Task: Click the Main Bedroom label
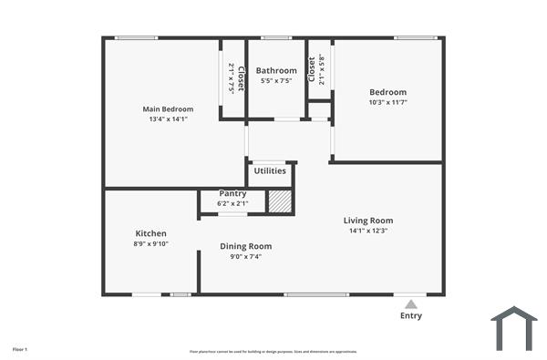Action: tap(168, 109)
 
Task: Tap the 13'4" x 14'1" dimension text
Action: tap(168, 119)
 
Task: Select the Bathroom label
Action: tap(276, 70)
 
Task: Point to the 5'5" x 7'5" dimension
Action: tap(276, 80)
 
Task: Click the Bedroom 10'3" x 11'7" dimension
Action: tap(387, 102)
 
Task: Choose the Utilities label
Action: tap(270, 170)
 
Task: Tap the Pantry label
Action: tap(233, 193)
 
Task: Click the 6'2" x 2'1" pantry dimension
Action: tap(233, 203)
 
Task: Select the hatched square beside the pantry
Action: tap(280, 201)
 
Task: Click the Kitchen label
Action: tap(150, 233)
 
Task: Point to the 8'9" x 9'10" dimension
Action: tap(150, 243)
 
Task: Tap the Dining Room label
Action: tap(245, 246)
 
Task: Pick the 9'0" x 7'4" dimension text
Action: tap(245, 256)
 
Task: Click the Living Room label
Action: tap(368, 220)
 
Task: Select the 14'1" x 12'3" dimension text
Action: tap(368, 230)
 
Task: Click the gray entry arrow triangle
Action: tap(411, 303)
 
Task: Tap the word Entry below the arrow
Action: tap(411, 315)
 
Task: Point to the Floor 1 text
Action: tap(20, 349)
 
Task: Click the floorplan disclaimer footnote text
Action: tap(273, 351)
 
